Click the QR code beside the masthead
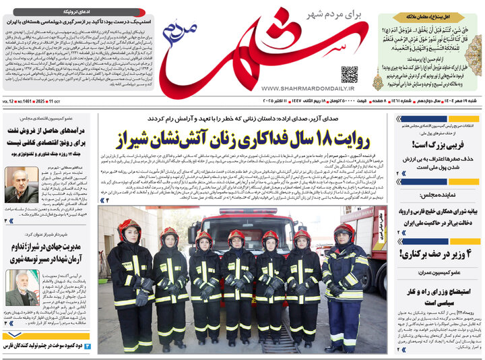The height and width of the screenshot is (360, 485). coord(349,74)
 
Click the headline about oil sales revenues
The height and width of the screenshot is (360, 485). coord(48,138)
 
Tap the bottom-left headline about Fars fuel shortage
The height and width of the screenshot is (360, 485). coord(54,346)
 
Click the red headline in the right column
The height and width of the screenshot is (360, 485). coord(439,144)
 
